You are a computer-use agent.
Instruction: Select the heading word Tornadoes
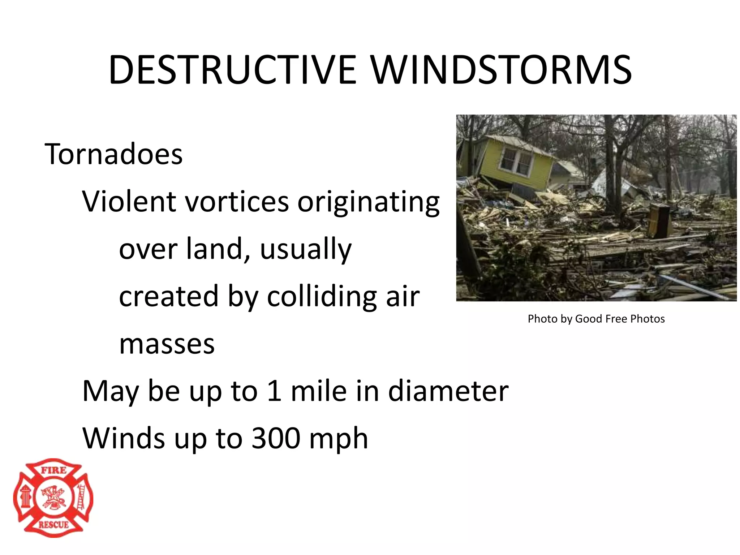click(x=113, y=154)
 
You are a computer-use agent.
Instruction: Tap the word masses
click(x=167, y=344)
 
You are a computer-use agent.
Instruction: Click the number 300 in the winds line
click(x=276, y=438)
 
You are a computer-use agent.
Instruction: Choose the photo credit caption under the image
click(x=596, y=319)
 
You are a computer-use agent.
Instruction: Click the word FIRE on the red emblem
click(x=53, y=470)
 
